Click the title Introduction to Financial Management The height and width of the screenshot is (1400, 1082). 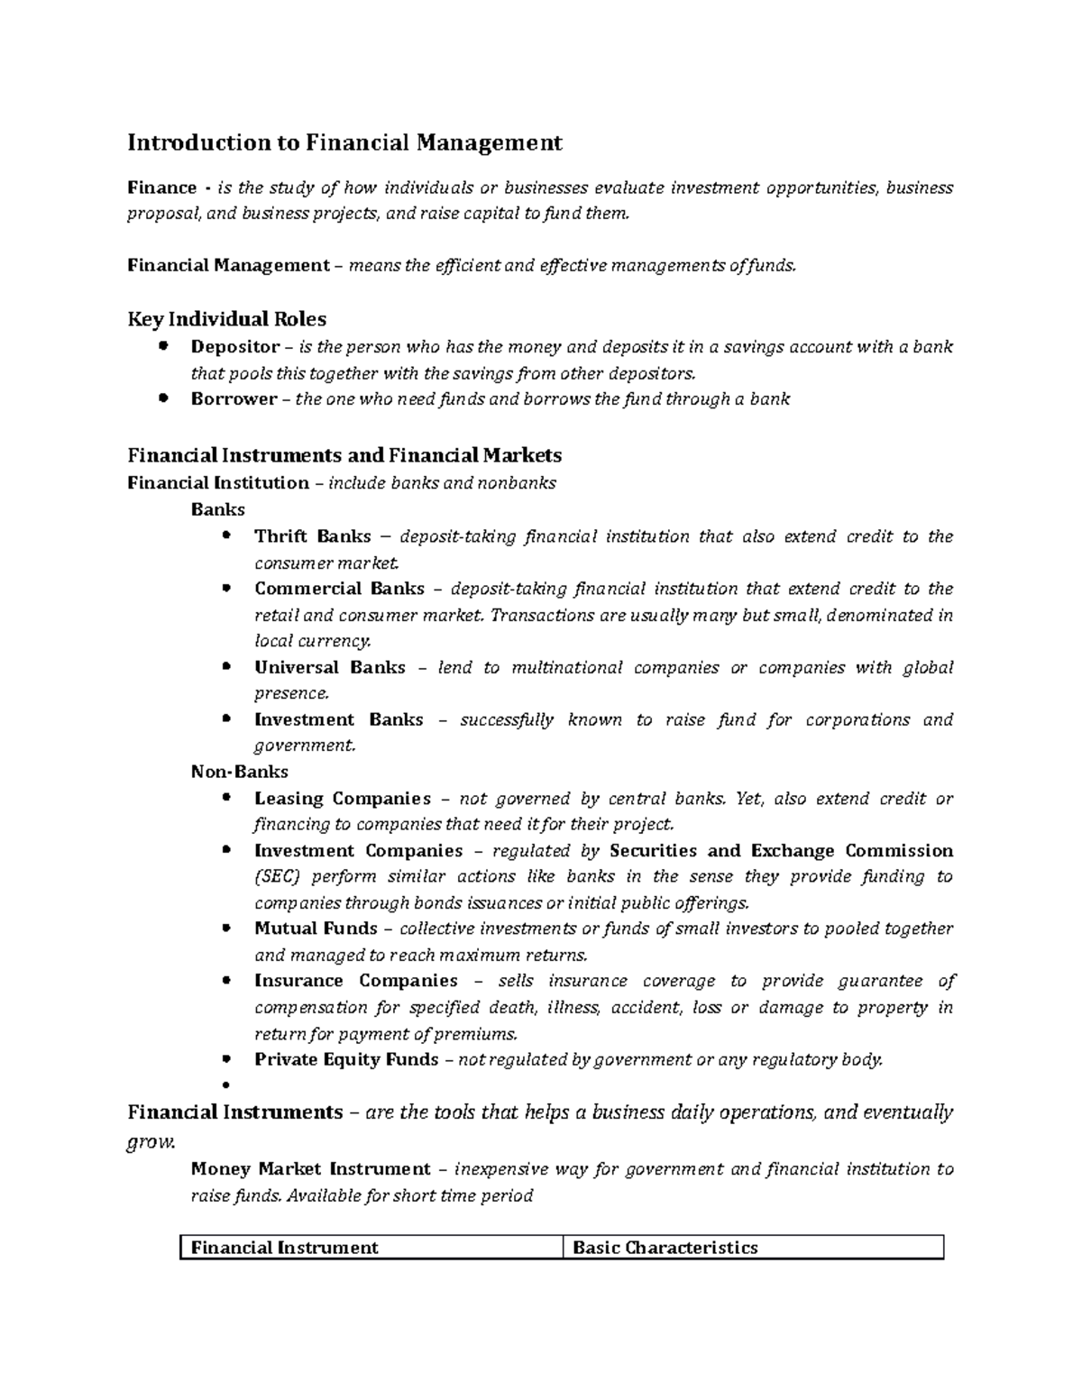(x=344, y=142)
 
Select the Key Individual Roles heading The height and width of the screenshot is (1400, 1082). (x=226, y=318)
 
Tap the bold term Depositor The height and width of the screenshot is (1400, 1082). (x=234, y=347)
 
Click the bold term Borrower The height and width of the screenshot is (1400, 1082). (x=234, y=399)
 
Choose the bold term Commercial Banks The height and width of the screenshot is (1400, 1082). (x=339, y=589)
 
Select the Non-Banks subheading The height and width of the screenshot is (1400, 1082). (x=239, y=772)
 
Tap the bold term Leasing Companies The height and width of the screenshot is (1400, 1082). (x=343, y=799)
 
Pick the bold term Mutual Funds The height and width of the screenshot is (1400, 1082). (x=316, y=929)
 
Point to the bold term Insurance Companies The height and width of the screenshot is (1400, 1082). (x=356, y=981)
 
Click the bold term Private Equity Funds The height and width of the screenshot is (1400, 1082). (x=346, y=1059)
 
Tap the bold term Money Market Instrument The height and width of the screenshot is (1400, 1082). (x=311, y=1169)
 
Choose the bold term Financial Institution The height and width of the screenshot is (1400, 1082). (x=218, y=482)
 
